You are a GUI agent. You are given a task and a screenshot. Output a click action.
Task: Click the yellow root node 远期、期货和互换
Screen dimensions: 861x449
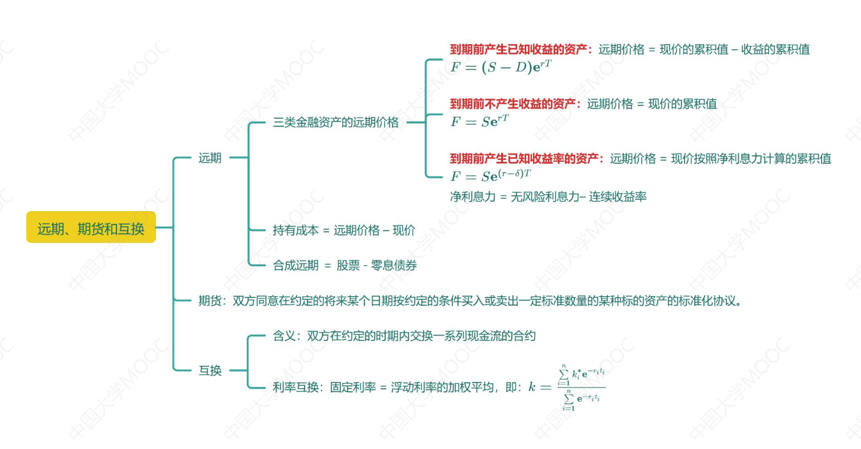[91, 228]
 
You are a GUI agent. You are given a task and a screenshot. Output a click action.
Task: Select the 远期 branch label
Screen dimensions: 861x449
[210, 158]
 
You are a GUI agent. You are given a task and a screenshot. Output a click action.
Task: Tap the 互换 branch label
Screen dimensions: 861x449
[210, 370]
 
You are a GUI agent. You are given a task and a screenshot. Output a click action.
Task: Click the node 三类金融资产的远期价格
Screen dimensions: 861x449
[336, 122]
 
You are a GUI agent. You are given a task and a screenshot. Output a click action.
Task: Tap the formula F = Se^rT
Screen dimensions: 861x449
[479, 121]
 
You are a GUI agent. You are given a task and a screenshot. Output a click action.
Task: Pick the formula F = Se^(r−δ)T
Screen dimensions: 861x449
[491, 176]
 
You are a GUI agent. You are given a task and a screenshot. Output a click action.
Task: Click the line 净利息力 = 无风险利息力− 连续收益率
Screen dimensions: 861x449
[548, 197]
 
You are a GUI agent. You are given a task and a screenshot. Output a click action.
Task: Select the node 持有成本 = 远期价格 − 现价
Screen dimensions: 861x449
[343, 231]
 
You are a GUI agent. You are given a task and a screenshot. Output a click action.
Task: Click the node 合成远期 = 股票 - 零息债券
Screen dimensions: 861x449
[345, 265]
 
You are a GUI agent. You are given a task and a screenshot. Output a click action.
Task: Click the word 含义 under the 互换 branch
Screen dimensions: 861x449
[284, 336]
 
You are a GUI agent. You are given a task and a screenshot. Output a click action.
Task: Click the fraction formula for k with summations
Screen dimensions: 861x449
[566, 387]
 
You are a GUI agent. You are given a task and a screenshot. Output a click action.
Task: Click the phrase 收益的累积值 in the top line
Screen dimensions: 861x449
[775, 49]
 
